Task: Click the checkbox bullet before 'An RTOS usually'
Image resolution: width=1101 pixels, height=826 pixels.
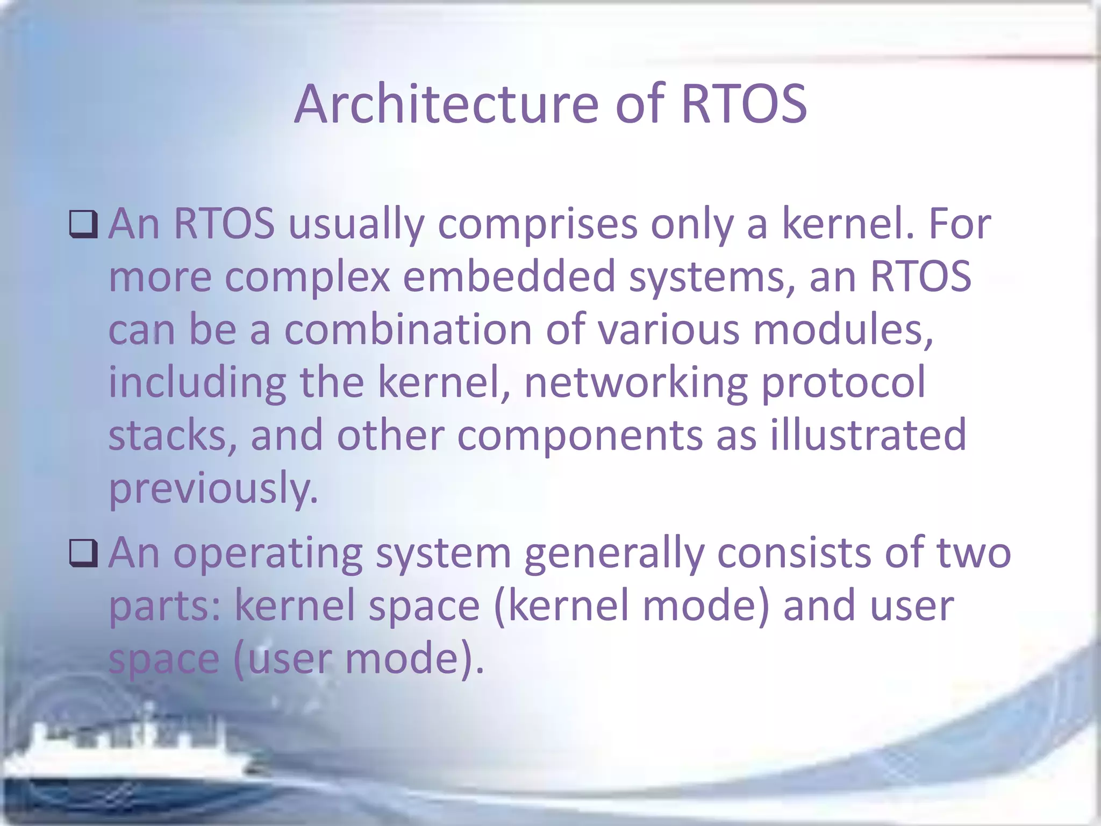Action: [x=83, y=225]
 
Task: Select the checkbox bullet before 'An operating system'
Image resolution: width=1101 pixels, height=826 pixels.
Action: [x=83, y=554]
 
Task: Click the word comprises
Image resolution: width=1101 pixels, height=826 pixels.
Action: [x=537, y=225]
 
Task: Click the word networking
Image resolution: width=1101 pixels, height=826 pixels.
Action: [x=635, y=382]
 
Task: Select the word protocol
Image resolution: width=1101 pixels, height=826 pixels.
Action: [x=843, y=382]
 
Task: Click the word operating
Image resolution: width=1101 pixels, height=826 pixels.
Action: [x=267, y=554]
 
